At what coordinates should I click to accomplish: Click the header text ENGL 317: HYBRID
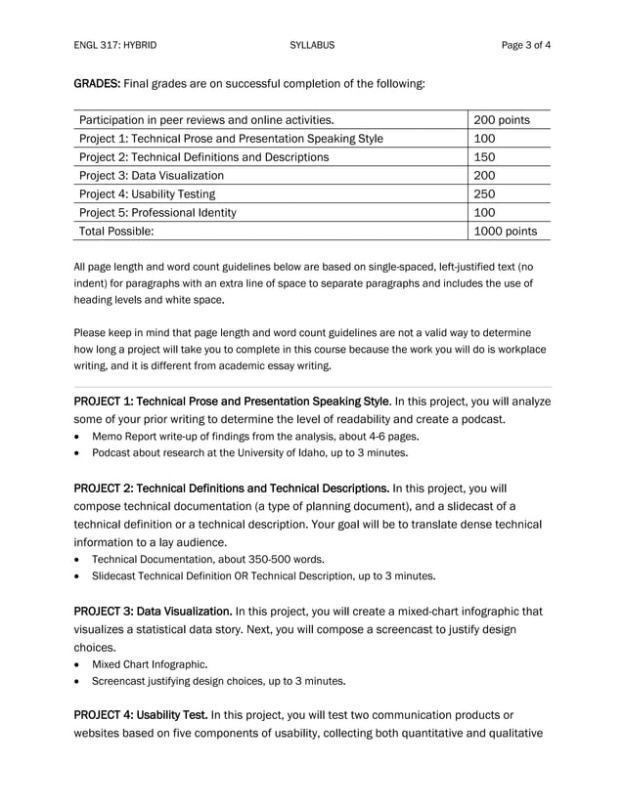coord(114,45)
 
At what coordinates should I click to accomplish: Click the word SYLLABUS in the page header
coord(312,45)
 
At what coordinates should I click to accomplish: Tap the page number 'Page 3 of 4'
coord(524,45)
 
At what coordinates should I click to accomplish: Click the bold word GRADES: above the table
coord(98,84)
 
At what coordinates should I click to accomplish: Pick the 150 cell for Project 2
coord(485,157)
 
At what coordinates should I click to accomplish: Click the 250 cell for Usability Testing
coord(485,194)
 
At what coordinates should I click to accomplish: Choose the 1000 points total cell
coord(505,232)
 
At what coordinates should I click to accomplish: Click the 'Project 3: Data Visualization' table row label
coord(152,176)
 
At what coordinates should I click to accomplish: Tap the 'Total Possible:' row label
coord(116,232)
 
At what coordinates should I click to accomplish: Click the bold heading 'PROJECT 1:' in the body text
coord(104,401)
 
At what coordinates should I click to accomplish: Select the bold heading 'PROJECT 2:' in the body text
coord(104,487)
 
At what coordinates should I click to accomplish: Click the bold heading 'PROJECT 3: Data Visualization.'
coord(153,612)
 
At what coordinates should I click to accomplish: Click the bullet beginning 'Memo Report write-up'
coord(254,436)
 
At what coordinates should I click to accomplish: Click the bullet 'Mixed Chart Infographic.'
coord(149,664)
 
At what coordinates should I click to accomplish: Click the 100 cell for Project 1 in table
coord(485,139)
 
